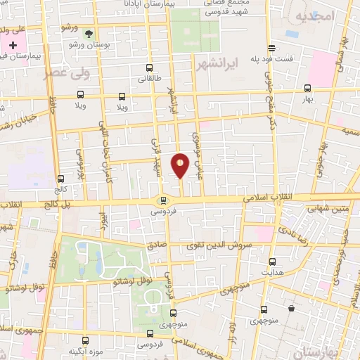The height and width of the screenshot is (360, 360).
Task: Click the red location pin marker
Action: (x=181, y=165)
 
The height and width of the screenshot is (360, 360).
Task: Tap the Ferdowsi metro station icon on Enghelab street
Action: (x=163, y=200)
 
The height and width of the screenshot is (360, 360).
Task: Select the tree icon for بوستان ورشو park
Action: (x=88, y=33)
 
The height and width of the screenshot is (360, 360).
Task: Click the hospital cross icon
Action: (x=13, y=44)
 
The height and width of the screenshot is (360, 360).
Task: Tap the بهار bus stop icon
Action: (x=307, y=89)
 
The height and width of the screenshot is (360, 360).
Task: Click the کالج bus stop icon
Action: (x=60, y=179)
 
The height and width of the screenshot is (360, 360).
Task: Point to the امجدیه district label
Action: (x=313, y=15)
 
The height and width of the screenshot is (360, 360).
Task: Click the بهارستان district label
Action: (x=337, y=349)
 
